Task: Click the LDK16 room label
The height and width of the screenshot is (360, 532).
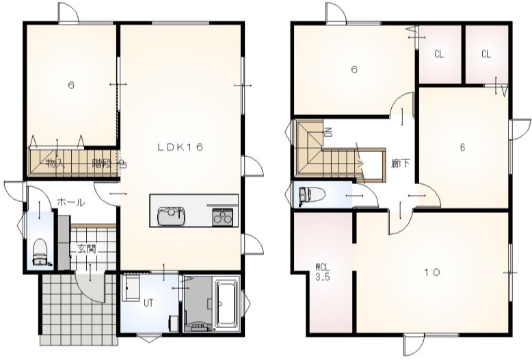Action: point(180,147)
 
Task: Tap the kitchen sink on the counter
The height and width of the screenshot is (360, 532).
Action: point(172,216)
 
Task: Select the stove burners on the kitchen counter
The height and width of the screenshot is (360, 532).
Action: point(222,217)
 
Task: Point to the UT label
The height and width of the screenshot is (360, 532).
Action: point(148,303)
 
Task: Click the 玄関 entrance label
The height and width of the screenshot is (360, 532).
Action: point(87,249)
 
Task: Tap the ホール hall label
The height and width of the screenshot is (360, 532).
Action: point(70,203)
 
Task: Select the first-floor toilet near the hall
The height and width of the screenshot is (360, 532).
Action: point(40,252)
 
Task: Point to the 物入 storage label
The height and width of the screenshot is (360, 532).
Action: point(55,164)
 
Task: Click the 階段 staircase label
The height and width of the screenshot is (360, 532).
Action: point(102,164)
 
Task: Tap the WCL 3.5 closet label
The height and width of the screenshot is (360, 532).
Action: point(322,271)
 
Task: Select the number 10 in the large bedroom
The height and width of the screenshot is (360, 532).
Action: point(432,272)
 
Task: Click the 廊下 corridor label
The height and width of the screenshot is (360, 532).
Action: point(400,164)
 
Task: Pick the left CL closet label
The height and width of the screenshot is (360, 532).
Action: point(439,54)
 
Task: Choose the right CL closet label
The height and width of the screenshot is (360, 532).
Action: point(486,54)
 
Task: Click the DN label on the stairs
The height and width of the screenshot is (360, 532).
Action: point(328,132)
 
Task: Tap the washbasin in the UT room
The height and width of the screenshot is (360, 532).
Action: point(131,288)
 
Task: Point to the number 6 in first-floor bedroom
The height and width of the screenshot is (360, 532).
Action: point(71,85)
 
